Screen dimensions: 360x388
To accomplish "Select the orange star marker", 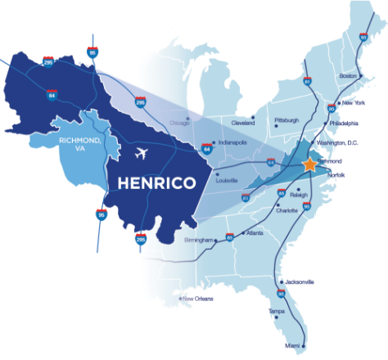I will (x=309, y=164).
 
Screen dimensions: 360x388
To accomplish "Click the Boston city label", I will (x=349, y=76).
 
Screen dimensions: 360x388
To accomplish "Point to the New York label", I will (x=354, y=102).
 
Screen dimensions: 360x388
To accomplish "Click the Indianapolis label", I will (x=231, y=142).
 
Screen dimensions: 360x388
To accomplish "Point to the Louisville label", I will (x=227, y=179).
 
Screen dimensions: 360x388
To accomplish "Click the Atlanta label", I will (x=255, y=233).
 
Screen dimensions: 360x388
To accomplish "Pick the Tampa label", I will (x=277, y=312).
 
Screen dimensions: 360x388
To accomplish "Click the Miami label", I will (x=293, y=347).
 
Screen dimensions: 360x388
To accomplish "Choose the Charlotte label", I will (x=287, y=210).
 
